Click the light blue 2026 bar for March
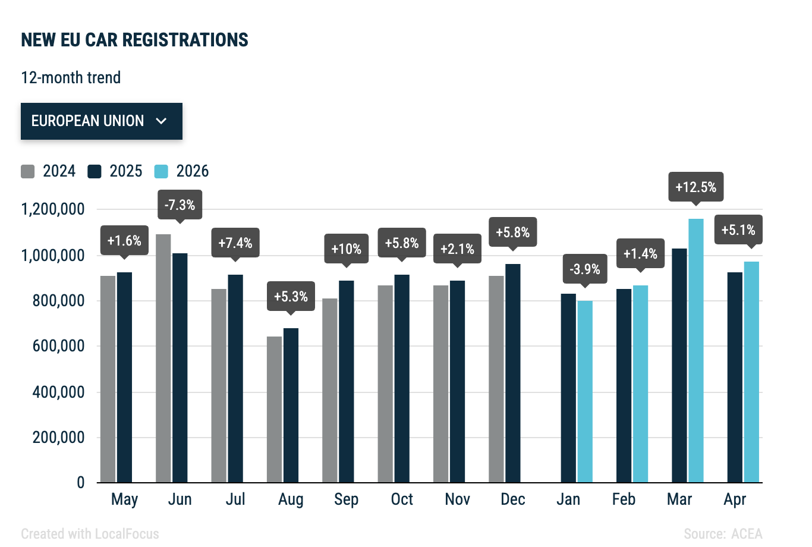tap(695, 351)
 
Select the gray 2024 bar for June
tap(163, 358)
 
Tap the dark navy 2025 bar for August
tap(291, 405)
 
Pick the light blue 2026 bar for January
tap(585, 391)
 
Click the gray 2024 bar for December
tap(496, 379)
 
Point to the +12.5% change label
tap(695, 187)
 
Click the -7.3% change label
tap(180, 205)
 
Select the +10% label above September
tap(346, 249)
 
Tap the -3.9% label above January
tap(585, 269)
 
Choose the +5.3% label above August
tap(291, 296)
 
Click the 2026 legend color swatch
tap(161, 171)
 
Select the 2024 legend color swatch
tap(27, 171)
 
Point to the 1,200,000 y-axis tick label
tap(53, 209)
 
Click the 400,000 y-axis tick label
tap(58, 392)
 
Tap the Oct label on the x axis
tap(402, 499)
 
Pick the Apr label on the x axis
tap(735, 500)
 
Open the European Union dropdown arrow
tap(161, 121)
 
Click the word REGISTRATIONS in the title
tap(185, 40)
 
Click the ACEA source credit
tap(747, 534)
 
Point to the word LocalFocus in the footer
tap(127, 534)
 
